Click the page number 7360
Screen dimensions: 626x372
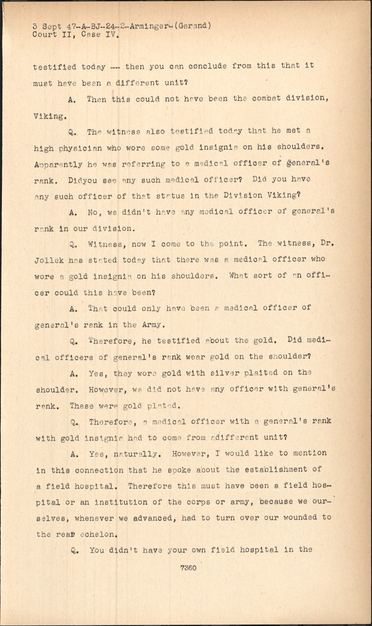coord(188,567)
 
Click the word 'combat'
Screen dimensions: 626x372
coord(266,98)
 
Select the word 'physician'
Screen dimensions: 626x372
coord(80,148)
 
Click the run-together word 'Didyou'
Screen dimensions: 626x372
coord(83,181)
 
